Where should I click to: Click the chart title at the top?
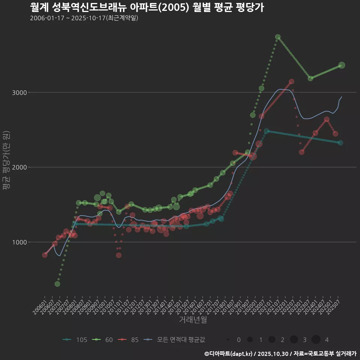[x=147, y=7]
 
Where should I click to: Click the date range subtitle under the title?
[x=84, y=18]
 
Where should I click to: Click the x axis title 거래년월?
[x=193, y=319]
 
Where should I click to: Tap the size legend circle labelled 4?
[x=316, y=340]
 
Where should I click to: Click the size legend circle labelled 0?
[x=228, y=340]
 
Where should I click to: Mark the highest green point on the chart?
[x=278, y=37]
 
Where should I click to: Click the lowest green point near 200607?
[x=57, y=284]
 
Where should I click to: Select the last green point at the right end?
[x=342, y=65]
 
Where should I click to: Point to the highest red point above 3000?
[x=291, y=81]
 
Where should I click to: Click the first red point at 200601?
[x=45, y=255]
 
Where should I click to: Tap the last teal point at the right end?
[x=340, y=143]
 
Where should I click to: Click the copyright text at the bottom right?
[x=280, y=354]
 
